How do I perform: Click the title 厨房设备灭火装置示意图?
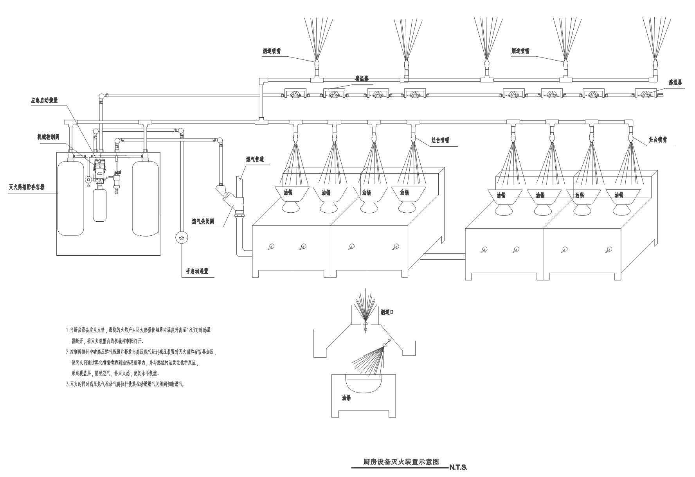point(401,462)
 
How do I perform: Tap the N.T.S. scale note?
point(459,467)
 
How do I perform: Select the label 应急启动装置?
point(44,100)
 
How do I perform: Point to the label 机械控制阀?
point(47,136)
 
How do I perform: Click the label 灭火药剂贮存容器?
point(27,187)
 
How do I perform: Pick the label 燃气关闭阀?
point(203,221)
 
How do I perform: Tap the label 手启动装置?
point(197,271)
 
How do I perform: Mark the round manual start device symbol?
point(181,237)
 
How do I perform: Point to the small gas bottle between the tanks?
point(100,204)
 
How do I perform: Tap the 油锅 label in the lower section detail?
point(346,398)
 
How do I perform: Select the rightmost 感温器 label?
point(675,82)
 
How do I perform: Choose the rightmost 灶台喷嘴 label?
point(657,140)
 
